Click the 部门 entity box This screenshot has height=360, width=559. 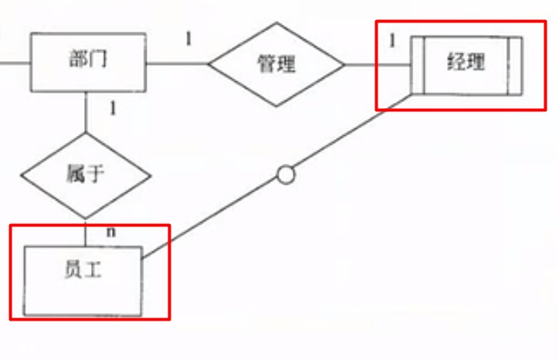tap(88, 62)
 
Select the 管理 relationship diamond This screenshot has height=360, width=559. tap(276, 63)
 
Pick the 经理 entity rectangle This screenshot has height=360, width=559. tap(466, 64)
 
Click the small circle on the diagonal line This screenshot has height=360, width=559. tap(286, 175)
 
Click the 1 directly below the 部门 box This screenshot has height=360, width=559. tap(113, 107)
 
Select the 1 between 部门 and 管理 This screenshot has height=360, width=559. tap(188, 39)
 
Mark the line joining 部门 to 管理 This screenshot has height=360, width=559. tap(177, 63)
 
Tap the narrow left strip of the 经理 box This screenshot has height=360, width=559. tap(418, 65)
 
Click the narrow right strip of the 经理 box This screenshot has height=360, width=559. tap(515, 65)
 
